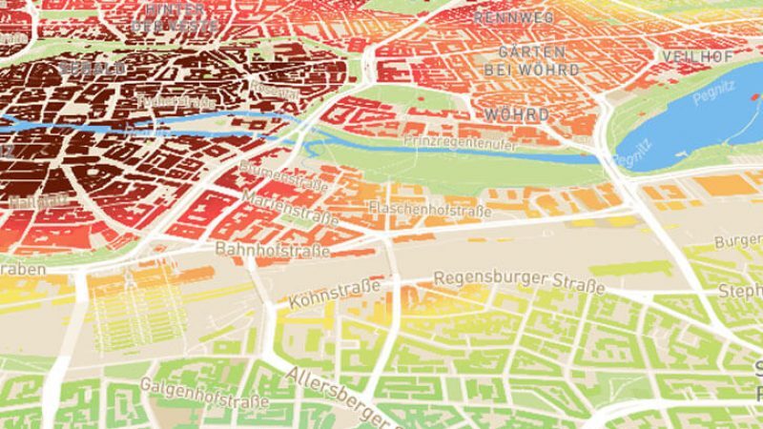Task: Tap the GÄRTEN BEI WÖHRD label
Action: tap(524, 60)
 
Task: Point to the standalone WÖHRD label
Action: tap(517, 114)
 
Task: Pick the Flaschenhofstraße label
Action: tap(429, 208)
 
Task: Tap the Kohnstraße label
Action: tap(335, 288)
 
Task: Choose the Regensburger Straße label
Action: tap(519, 282)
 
